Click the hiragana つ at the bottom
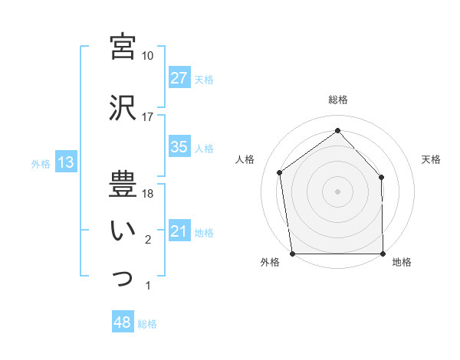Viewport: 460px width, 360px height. (123, 277)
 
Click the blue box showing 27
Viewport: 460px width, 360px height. (179, 79)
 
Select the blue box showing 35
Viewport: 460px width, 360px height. (179, 148)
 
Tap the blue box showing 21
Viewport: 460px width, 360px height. (179, 232)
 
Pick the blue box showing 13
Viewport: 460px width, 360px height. (65, 163)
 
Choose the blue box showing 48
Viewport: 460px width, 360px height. (123, 323)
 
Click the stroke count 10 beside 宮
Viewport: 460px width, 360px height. (148, 56)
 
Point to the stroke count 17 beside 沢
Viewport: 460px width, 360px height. (148, 117)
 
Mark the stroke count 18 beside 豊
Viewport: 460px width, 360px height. (148, 194)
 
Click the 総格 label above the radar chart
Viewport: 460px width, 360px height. (338, 100)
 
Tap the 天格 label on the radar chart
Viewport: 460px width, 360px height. (432, 159)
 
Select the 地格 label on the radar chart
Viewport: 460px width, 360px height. (402, 262)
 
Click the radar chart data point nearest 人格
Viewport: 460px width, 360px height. (280, 172)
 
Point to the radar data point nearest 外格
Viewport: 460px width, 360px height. (292, 253)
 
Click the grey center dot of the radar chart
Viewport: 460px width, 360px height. (337, 190)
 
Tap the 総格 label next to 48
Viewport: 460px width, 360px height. (147, 324)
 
